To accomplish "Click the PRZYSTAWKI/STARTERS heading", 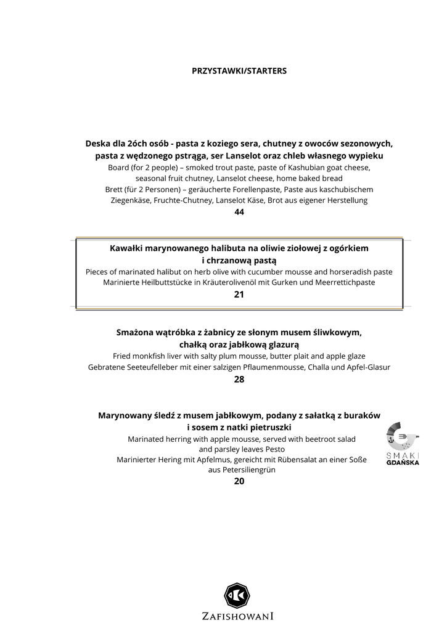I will pyautogui.click(x=239, y=71).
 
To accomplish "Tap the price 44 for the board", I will pyautogui.click(x=239, y=212).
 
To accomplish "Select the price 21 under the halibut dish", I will pyautogui.click(x=239, y=295).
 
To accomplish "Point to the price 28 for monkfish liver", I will pyautogui.click(x=239, y=380).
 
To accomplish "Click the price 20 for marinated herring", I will pyautogui.click(x=239, y=481).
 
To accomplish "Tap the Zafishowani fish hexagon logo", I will pyautogui.click(x=237, y=595).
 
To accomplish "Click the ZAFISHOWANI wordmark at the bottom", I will pyautogui.click(x=237, y=616).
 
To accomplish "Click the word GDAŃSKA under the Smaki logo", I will pyautogui.click(x=403, y=463).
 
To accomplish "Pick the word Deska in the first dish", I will pyautogui.click(x=99, y=144).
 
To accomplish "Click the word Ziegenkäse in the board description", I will pyautogui.click(x=133, y=200).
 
